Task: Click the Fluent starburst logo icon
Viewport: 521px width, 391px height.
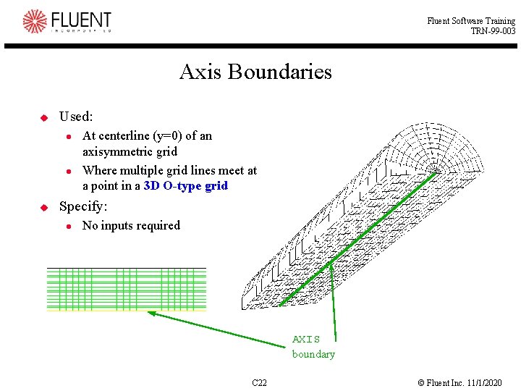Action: coord(34,21)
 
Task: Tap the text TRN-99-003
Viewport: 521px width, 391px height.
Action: coord(493,31)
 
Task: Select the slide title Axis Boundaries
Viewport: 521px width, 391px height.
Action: coord(255,72)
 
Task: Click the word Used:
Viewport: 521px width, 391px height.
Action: coord(76,117)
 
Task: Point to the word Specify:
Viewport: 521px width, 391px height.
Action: coord(83,206)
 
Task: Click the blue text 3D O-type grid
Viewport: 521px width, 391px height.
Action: coord(186,185)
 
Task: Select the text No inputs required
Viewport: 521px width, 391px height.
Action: coord(131,226)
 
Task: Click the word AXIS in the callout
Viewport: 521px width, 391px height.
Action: coord(305,339)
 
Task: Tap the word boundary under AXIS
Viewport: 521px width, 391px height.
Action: coord(313,354)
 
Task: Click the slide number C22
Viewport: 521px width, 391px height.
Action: coord(259,382)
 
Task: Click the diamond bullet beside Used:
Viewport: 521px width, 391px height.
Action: coord(43,117)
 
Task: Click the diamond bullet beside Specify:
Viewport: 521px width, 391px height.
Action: coord(43,207)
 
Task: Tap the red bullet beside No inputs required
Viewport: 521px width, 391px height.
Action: coord(67,227)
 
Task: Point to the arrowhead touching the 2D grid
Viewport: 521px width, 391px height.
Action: coord(152,314)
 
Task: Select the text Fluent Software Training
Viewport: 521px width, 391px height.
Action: coord(471,21)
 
